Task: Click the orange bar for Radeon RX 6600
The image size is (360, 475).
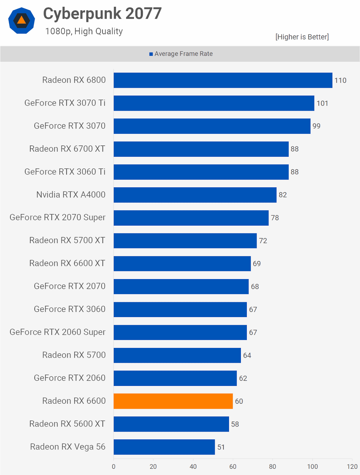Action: pyautogui.click(x=173, y=401)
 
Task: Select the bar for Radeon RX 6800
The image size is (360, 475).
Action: pyautogui.click(x=223, y=80)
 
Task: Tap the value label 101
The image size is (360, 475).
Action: pyautogui.click(x=322, y=103)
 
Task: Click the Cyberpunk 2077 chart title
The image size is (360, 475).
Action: pyautogui.click(x=102, y=14)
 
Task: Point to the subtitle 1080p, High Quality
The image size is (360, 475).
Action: pyautogui.click(x=84, y=31)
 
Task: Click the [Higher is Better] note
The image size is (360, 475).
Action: pyautogui.click(x=302, y=37)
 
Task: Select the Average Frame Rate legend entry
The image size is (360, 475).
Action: pyautogui.click(x=181, y=54)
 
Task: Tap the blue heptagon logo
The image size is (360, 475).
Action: pyautogui.click(x=21, y=20)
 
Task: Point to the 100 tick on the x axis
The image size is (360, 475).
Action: pyautogui.click(x=312, y=466)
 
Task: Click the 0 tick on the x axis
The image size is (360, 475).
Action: pyautogui.click(x=113, y=466)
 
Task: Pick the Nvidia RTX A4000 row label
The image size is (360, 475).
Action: pyautogui.click(x=71, y=194)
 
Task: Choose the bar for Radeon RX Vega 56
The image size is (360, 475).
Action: pyautogui.click(x=164, y=447)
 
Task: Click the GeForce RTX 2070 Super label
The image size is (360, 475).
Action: pyautogui.click(x=58, y=217)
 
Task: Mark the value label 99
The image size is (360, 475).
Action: pyautogui.click(x=316, y=126)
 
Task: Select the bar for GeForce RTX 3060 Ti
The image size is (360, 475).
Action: pyautogui.click(x=201, y=172)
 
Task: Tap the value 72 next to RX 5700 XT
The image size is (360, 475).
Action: pyautogui.click(x=263, y=240)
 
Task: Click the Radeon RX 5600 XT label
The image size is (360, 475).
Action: pyautogui.click(x=67, y=424)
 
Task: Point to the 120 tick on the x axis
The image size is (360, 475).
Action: pyautogui.click(x=352, y=466)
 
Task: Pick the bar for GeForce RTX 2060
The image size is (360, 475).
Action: pyautogui.click(x=175, y=378)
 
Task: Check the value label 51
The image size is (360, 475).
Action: pyautogui.click(x=221, y=447)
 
